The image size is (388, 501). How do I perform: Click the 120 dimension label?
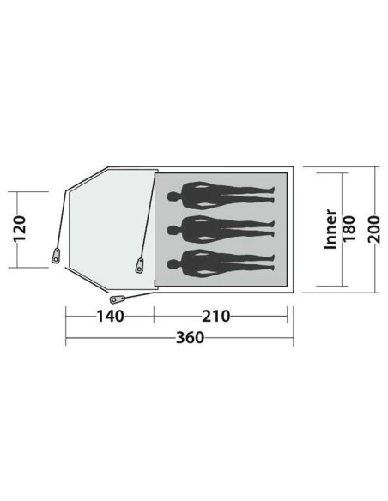20,229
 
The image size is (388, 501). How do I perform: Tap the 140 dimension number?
110,317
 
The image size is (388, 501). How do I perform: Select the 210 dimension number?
216,317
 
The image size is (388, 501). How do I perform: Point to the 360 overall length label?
190,337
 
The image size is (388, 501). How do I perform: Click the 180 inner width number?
349,229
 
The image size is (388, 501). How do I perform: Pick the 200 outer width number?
374,229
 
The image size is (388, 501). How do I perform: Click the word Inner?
330,229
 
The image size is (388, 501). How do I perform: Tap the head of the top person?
173,196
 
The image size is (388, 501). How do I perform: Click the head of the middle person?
173,230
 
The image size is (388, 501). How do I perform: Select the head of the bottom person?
173,264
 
